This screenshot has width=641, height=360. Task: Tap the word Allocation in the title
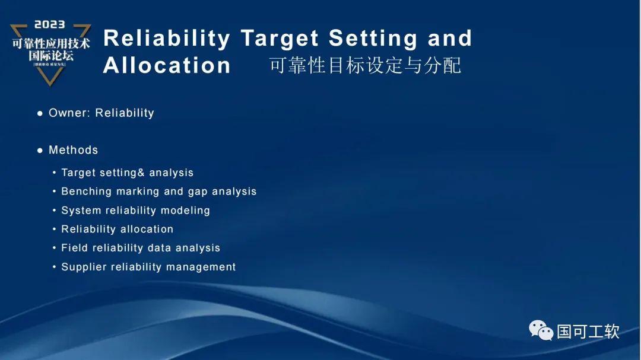pos(167,65)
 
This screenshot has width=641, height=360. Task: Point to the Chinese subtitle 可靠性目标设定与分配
pos(365,65)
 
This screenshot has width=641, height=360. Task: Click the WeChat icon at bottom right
pos(541,330)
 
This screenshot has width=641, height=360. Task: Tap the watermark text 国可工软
pos(588,331)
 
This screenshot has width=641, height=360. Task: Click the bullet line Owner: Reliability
pos(101,113)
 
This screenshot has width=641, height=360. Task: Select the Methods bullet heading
pos(73,150)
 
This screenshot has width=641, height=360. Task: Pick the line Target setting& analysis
pos(127,173)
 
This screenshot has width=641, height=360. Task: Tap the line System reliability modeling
pos(135,211)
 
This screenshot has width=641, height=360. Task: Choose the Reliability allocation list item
pos(117,229)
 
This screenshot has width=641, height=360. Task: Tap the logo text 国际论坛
pos(51,56)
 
